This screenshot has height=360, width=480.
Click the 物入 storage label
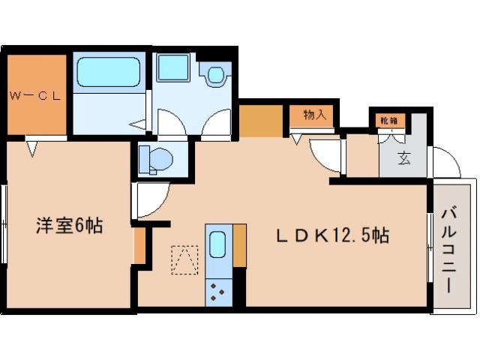[x=314, y=115]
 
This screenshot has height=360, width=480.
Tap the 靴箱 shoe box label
[x=388, y=119]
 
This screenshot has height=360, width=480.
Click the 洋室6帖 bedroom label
[x=70, y=224]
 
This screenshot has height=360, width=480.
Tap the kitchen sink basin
[x=217, y=244]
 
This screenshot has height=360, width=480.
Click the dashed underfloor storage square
[x=183, y=259]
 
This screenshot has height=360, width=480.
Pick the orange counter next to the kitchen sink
[x=240, y=244]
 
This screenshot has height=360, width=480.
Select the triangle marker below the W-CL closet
[x=32, y=148]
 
